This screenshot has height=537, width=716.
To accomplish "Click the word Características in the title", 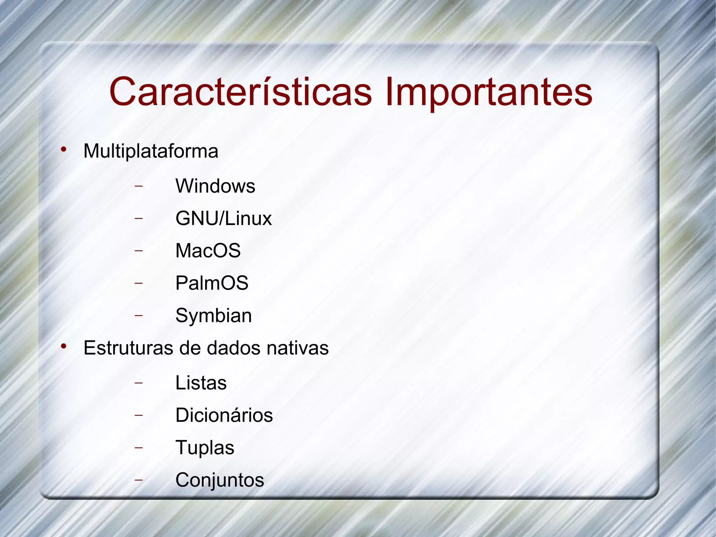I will (x=241, y=92).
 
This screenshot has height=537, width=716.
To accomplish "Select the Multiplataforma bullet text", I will (x=151, y=151).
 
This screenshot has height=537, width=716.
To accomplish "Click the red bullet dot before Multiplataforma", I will (x=63, y=150).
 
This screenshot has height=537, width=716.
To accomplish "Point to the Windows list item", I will (x=215, y=186).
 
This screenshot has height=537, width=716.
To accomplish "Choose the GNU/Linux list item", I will (x=223, y=219).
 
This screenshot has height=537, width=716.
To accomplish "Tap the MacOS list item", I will (x=208, y=250).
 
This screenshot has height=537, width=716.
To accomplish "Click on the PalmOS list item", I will (x=212, y=283).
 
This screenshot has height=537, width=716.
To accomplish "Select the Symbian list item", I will (x=213, y=316).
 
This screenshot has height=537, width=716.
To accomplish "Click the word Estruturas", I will (x=128, y=348).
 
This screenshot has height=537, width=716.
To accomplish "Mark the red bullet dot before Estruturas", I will (x=63, y=346).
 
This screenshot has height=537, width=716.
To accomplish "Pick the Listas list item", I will (x=201, y=383).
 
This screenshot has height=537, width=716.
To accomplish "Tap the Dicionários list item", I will (x=224, y=415).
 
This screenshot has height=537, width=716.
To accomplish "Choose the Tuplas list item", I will (x=205, y=448).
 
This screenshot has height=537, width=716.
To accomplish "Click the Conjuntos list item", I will (x=220, y=480).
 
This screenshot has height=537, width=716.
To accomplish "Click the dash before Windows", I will (x=139, y=186).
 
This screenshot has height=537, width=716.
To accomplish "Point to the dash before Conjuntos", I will (x=139, y=480).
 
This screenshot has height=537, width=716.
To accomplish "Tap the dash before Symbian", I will (x=139, y=315).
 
